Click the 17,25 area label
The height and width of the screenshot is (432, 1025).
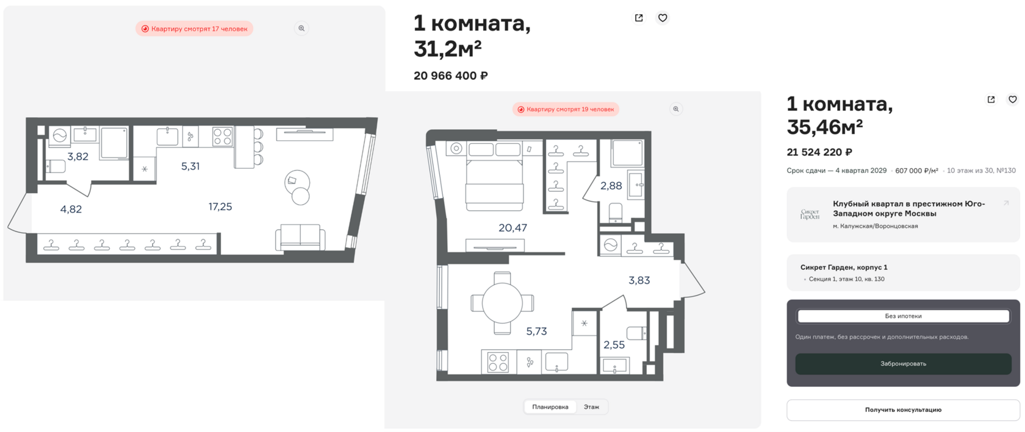pyautogui.click(x=220, y=207)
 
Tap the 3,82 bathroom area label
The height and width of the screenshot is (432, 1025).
pyautogui.click(x=78, y=157)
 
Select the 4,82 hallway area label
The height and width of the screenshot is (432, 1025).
pyautogui.click(x=71, y=210)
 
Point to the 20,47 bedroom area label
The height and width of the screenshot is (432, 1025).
pyautogui.click(x=512, y=228)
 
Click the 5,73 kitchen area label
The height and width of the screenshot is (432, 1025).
pyautogui.click(x=536, y=331)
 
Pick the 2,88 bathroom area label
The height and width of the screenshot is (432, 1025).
pyautogui.click(x=611, y=186)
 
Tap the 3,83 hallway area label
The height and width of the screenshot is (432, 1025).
pyautogui.click(x=639, y=280)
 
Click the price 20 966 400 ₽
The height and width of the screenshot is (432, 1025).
pyautogui.click(x=451, y=76)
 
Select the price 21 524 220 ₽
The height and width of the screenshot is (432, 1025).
pyautogui.click(x=819, y=152)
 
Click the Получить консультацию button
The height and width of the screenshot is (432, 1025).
pyautogui.click(x=903, y=410)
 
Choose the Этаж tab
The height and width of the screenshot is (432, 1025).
pyautogui.click(x=591, y=407)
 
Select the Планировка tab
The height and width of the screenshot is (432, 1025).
pyautogui.click(x=550, y=407)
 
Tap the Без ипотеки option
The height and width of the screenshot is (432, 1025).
pyautogui.click(x=903, y=316)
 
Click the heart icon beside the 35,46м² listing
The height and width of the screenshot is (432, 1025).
pyautogui.click(x=1012, y=99)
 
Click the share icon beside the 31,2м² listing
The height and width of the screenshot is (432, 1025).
pyautogui.click(x=639, y=18)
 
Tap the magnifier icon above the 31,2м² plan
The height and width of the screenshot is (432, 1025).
pyautogui.click(x=301, y=29)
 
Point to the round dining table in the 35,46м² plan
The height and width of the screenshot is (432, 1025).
pyautogui.click(x=502, y=303)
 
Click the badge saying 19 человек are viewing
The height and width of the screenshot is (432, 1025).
pyautogui.click(x=566, y=109)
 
